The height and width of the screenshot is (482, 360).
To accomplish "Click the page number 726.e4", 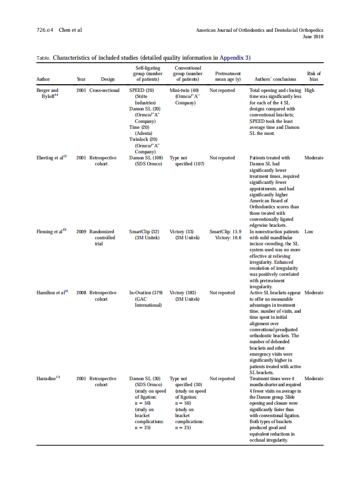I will [x=45, y=30].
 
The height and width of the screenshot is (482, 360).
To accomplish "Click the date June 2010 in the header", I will [x=313, y=37].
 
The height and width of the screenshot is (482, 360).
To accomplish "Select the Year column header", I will [x=81, y=79].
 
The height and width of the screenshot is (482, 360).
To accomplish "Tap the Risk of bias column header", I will [x=314, y=76].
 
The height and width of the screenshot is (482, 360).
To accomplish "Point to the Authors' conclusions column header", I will [x=275, y=79].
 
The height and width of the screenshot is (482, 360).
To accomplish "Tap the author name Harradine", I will [x=48, y=378].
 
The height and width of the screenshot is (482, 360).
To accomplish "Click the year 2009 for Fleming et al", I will [x=81, y=232].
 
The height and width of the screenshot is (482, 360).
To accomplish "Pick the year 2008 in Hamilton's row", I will [x=81, y=293].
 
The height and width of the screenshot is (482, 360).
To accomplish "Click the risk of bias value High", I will [x=309, y=90].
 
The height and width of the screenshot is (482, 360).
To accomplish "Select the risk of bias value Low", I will [x=309, y=232].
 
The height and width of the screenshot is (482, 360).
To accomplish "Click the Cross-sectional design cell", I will [x=104, y=90].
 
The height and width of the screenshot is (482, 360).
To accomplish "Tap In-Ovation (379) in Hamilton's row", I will [x=146, y=293].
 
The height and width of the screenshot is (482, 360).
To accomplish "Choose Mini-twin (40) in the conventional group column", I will [x=184, y=90].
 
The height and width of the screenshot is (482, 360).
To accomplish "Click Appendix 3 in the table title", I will [x=235, y=58].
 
